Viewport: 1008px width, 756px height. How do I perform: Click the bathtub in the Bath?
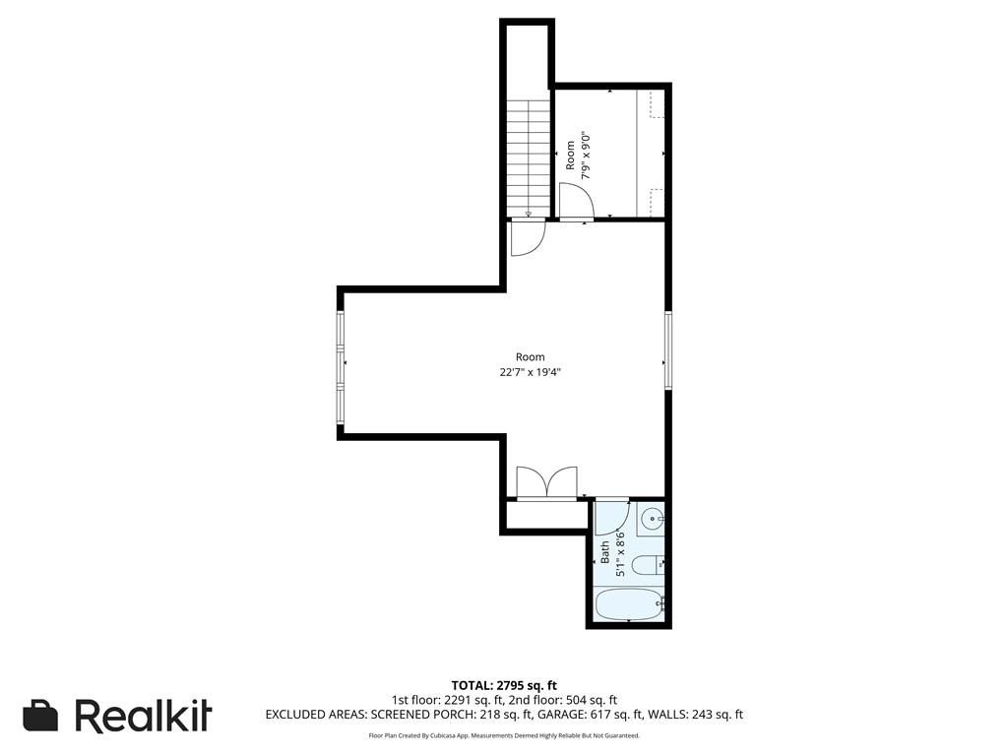coord(629,605)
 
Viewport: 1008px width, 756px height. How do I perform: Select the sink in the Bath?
coord(651,518)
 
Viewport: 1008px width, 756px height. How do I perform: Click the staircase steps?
coord(529,158)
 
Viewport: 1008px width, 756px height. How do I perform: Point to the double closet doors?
coord(547,482)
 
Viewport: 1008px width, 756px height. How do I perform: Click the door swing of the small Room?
coord(576,201)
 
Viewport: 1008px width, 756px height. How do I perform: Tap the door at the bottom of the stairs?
coord(528,238)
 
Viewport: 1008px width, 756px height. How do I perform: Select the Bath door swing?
coord(611,517)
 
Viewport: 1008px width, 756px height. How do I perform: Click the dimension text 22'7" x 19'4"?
coord(531,372)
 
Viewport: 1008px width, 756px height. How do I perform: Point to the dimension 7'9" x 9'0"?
coord(585,155)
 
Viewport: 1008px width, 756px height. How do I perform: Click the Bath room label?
coord(605,552)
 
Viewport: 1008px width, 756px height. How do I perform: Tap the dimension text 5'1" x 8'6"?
coord(620,553)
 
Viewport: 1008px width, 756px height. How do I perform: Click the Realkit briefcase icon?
coord(40,716)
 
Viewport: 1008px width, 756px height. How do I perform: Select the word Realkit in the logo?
coord(144,715)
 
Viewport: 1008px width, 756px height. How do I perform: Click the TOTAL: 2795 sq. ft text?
coord(504,685)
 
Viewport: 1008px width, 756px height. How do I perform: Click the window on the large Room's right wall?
coord(668,350)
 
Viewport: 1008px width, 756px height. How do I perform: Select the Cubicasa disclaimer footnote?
coord(504,735)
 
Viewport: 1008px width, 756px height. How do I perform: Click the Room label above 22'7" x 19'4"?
coord(531,356)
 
